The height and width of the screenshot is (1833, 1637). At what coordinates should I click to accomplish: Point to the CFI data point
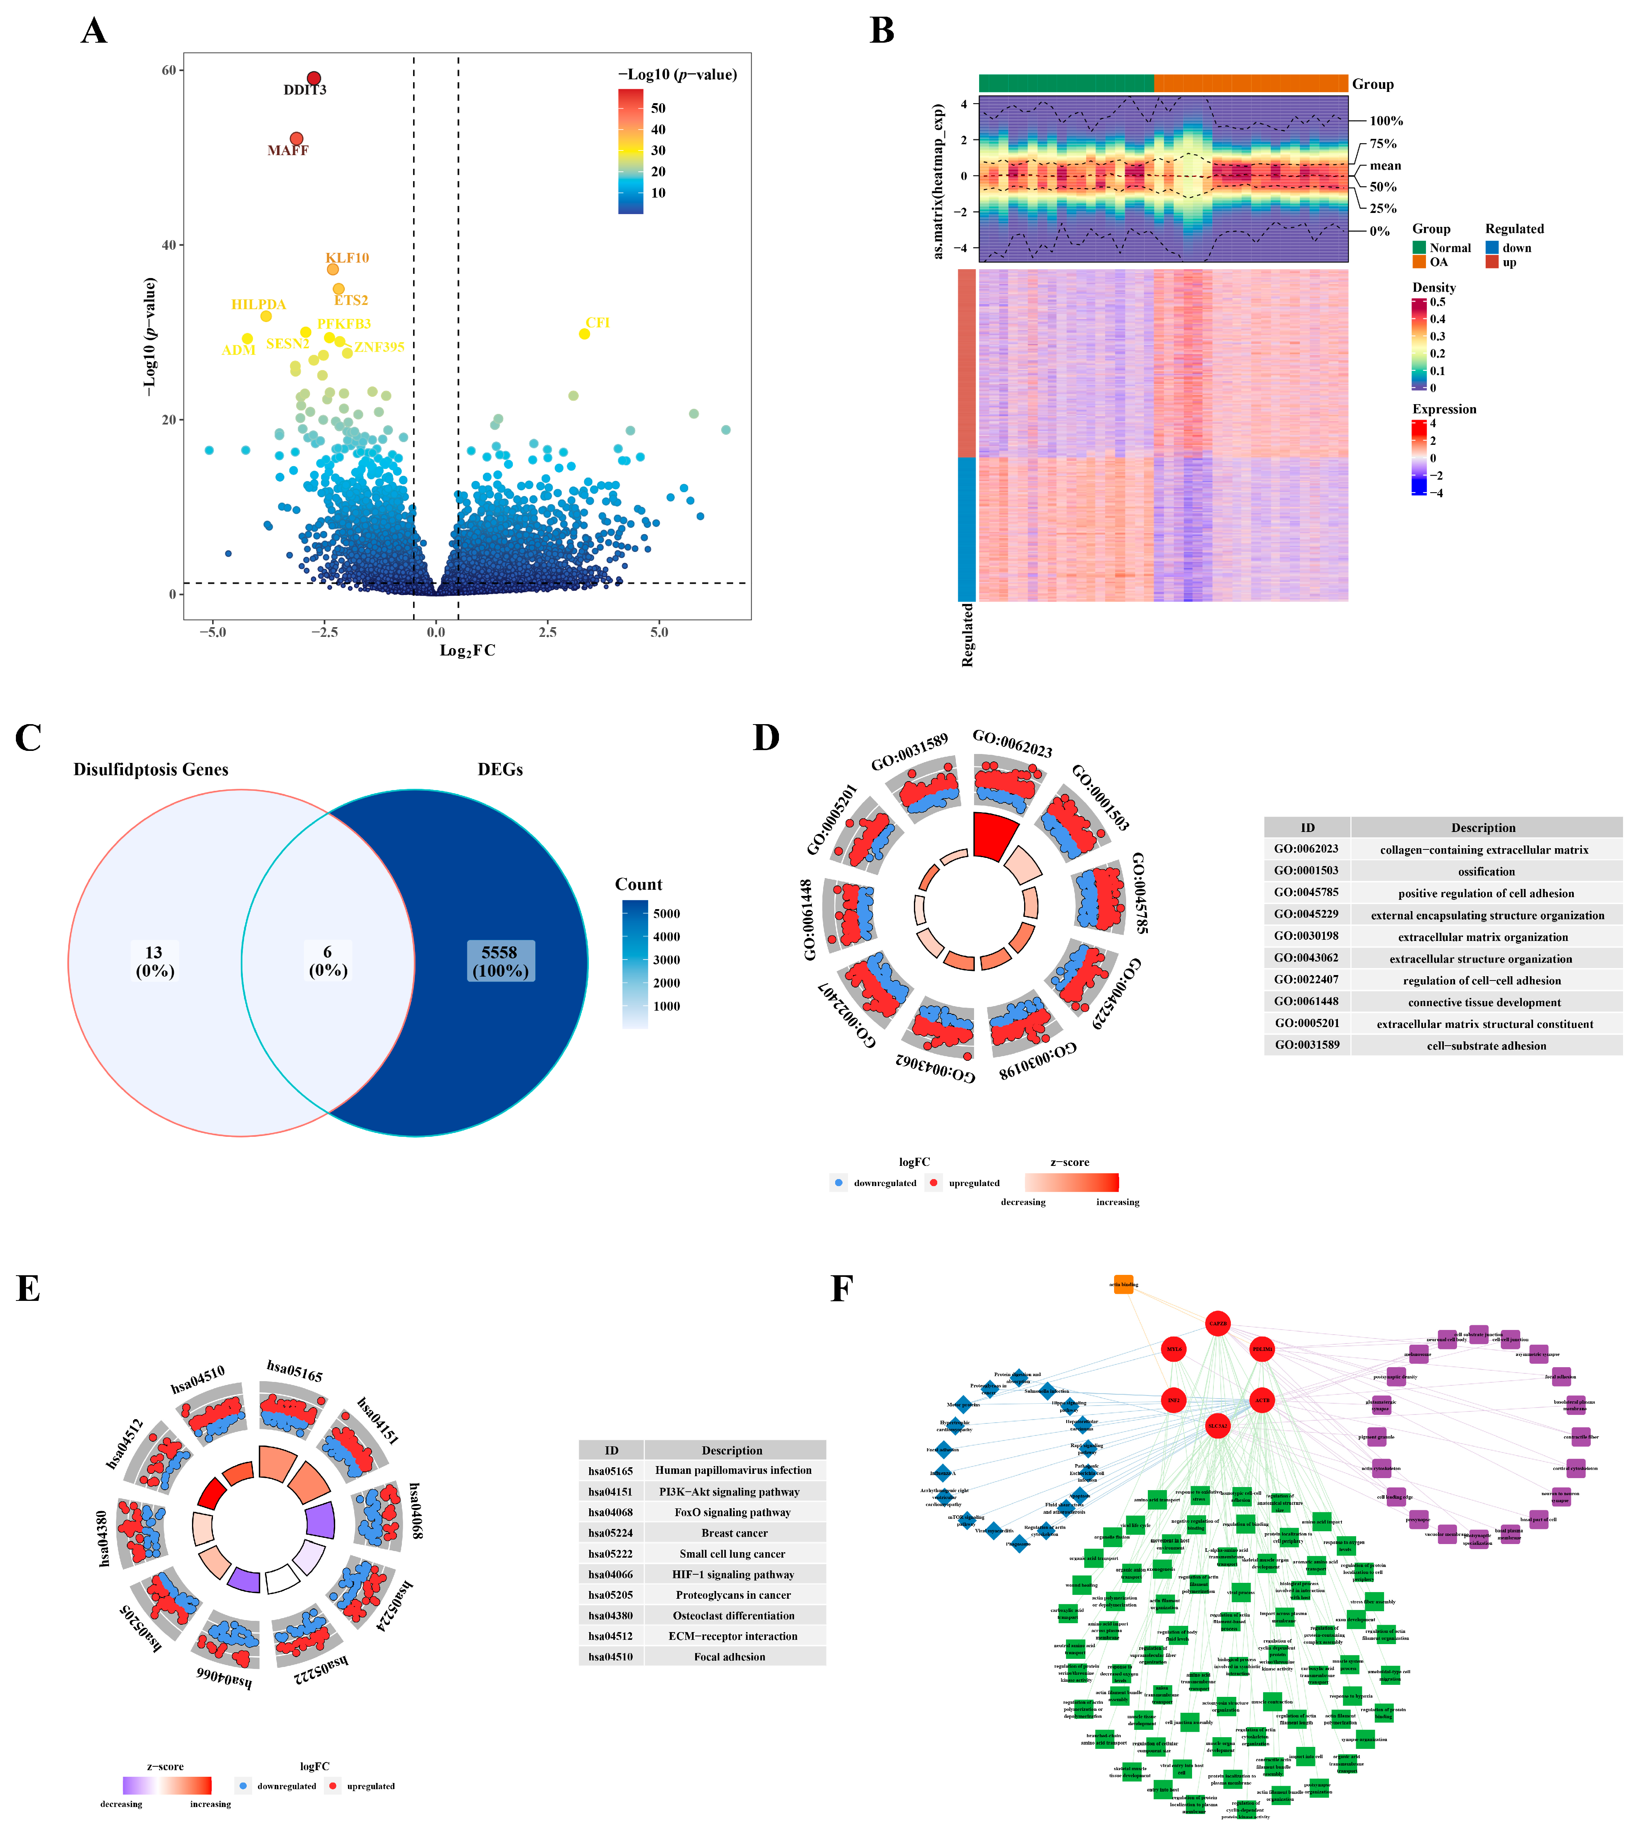[x=584, y=334]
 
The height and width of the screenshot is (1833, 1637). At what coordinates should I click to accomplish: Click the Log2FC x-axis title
[x=467, y=650]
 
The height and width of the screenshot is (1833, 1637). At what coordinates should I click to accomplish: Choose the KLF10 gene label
[x=347, y=258]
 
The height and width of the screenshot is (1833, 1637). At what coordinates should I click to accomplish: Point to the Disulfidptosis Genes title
[x=151, y=770]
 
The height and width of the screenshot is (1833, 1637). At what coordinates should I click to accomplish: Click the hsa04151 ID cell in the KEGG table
[x=611, y=1491]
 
